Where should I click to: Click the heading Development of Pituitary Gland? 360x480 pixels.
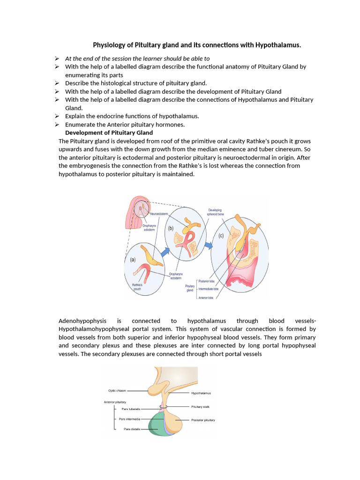pyautogui.click(x=109, y=133)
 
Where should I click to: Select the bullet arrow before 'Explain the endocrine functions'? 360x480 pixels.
pyautogui.click(x=56, y=116)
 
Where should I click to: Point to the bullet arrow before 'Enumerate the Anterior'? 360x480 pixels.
pyautogui.click(x=56, y=124)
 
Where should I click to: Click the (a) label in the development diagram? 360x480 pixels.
pyautogui.click(x=133, y=259)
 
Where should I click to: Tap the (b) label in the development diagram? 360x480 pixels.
pyautogui.click(x=172, y=228)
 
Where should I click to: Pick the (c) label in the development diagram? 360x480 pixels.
pyautogui.click(x=221, y=236)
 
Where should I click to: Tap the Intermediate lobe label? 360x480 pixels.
pyautogui.click(x=209, y=289)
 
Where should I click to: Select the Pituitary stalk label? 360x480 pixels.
pyautogui.click(x=200, y=406)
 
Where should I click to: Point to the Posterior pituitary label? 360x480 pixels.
pyautogui.click(x=203, y=420)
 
